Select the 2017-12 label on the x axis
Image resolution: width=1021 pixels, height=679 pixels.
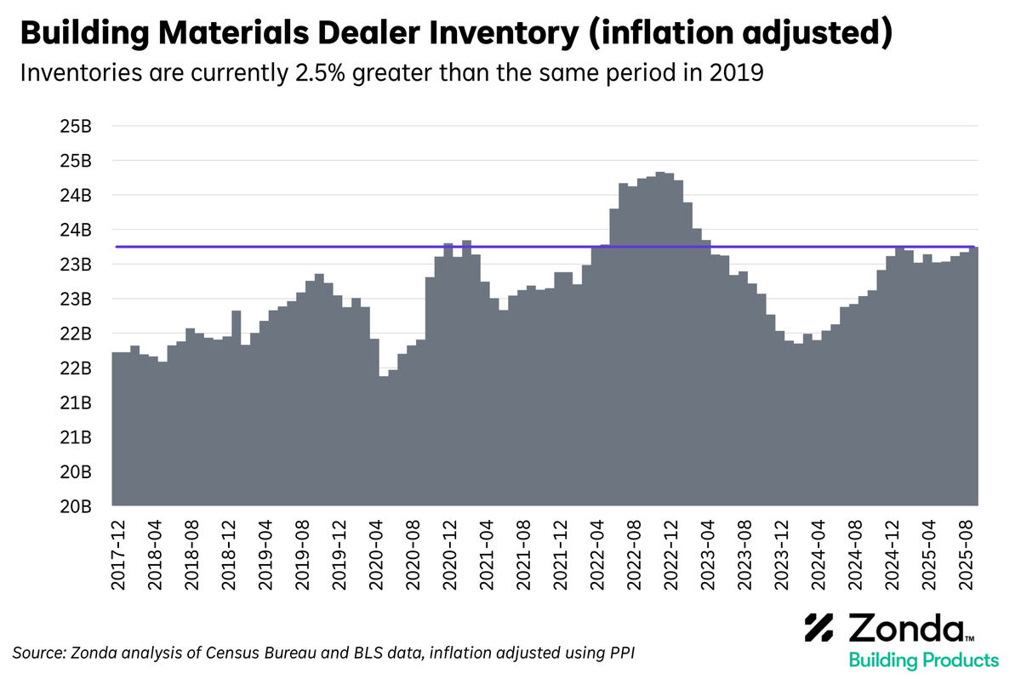coord(119,553)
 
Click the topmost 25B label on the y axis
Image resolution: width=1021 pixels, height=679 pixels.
coord(75,126)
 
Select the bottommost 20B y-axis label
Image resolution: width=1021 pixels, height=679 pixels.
coord(75,506)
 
